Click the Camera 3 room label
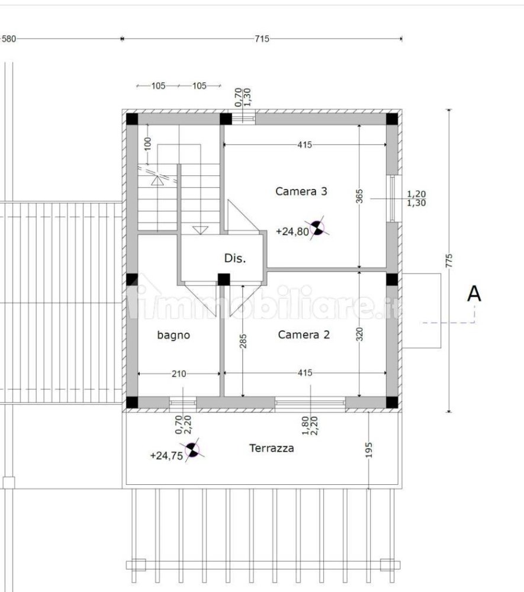click(301, 191)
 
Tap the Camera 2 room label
click(304, 334)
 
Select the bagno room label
click(173, 335)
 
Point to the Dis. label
click(234, 258)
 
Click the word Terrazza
click(271, 448)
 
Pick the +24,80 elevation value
click(292, 231)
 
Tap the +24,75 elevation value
click(166, 455)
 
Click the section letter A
click(474, 294)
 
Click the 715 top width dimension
click(262, 39)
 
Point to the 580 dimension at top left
click(9, 39)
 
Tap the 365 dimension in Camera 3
click(359, 197)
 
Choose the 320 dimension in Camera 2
click(359, 336)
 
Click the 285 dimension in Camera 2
click(243, 340)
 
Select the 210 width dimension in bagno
click(179, 374)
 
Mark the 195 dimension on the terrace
click(369, 451)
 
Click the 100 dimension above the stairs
click(147, 144)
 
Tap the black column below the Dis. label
click(224, 279)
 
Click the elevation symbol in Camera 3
click(317, 227)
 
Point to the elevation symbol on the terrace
click(192, 451)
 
